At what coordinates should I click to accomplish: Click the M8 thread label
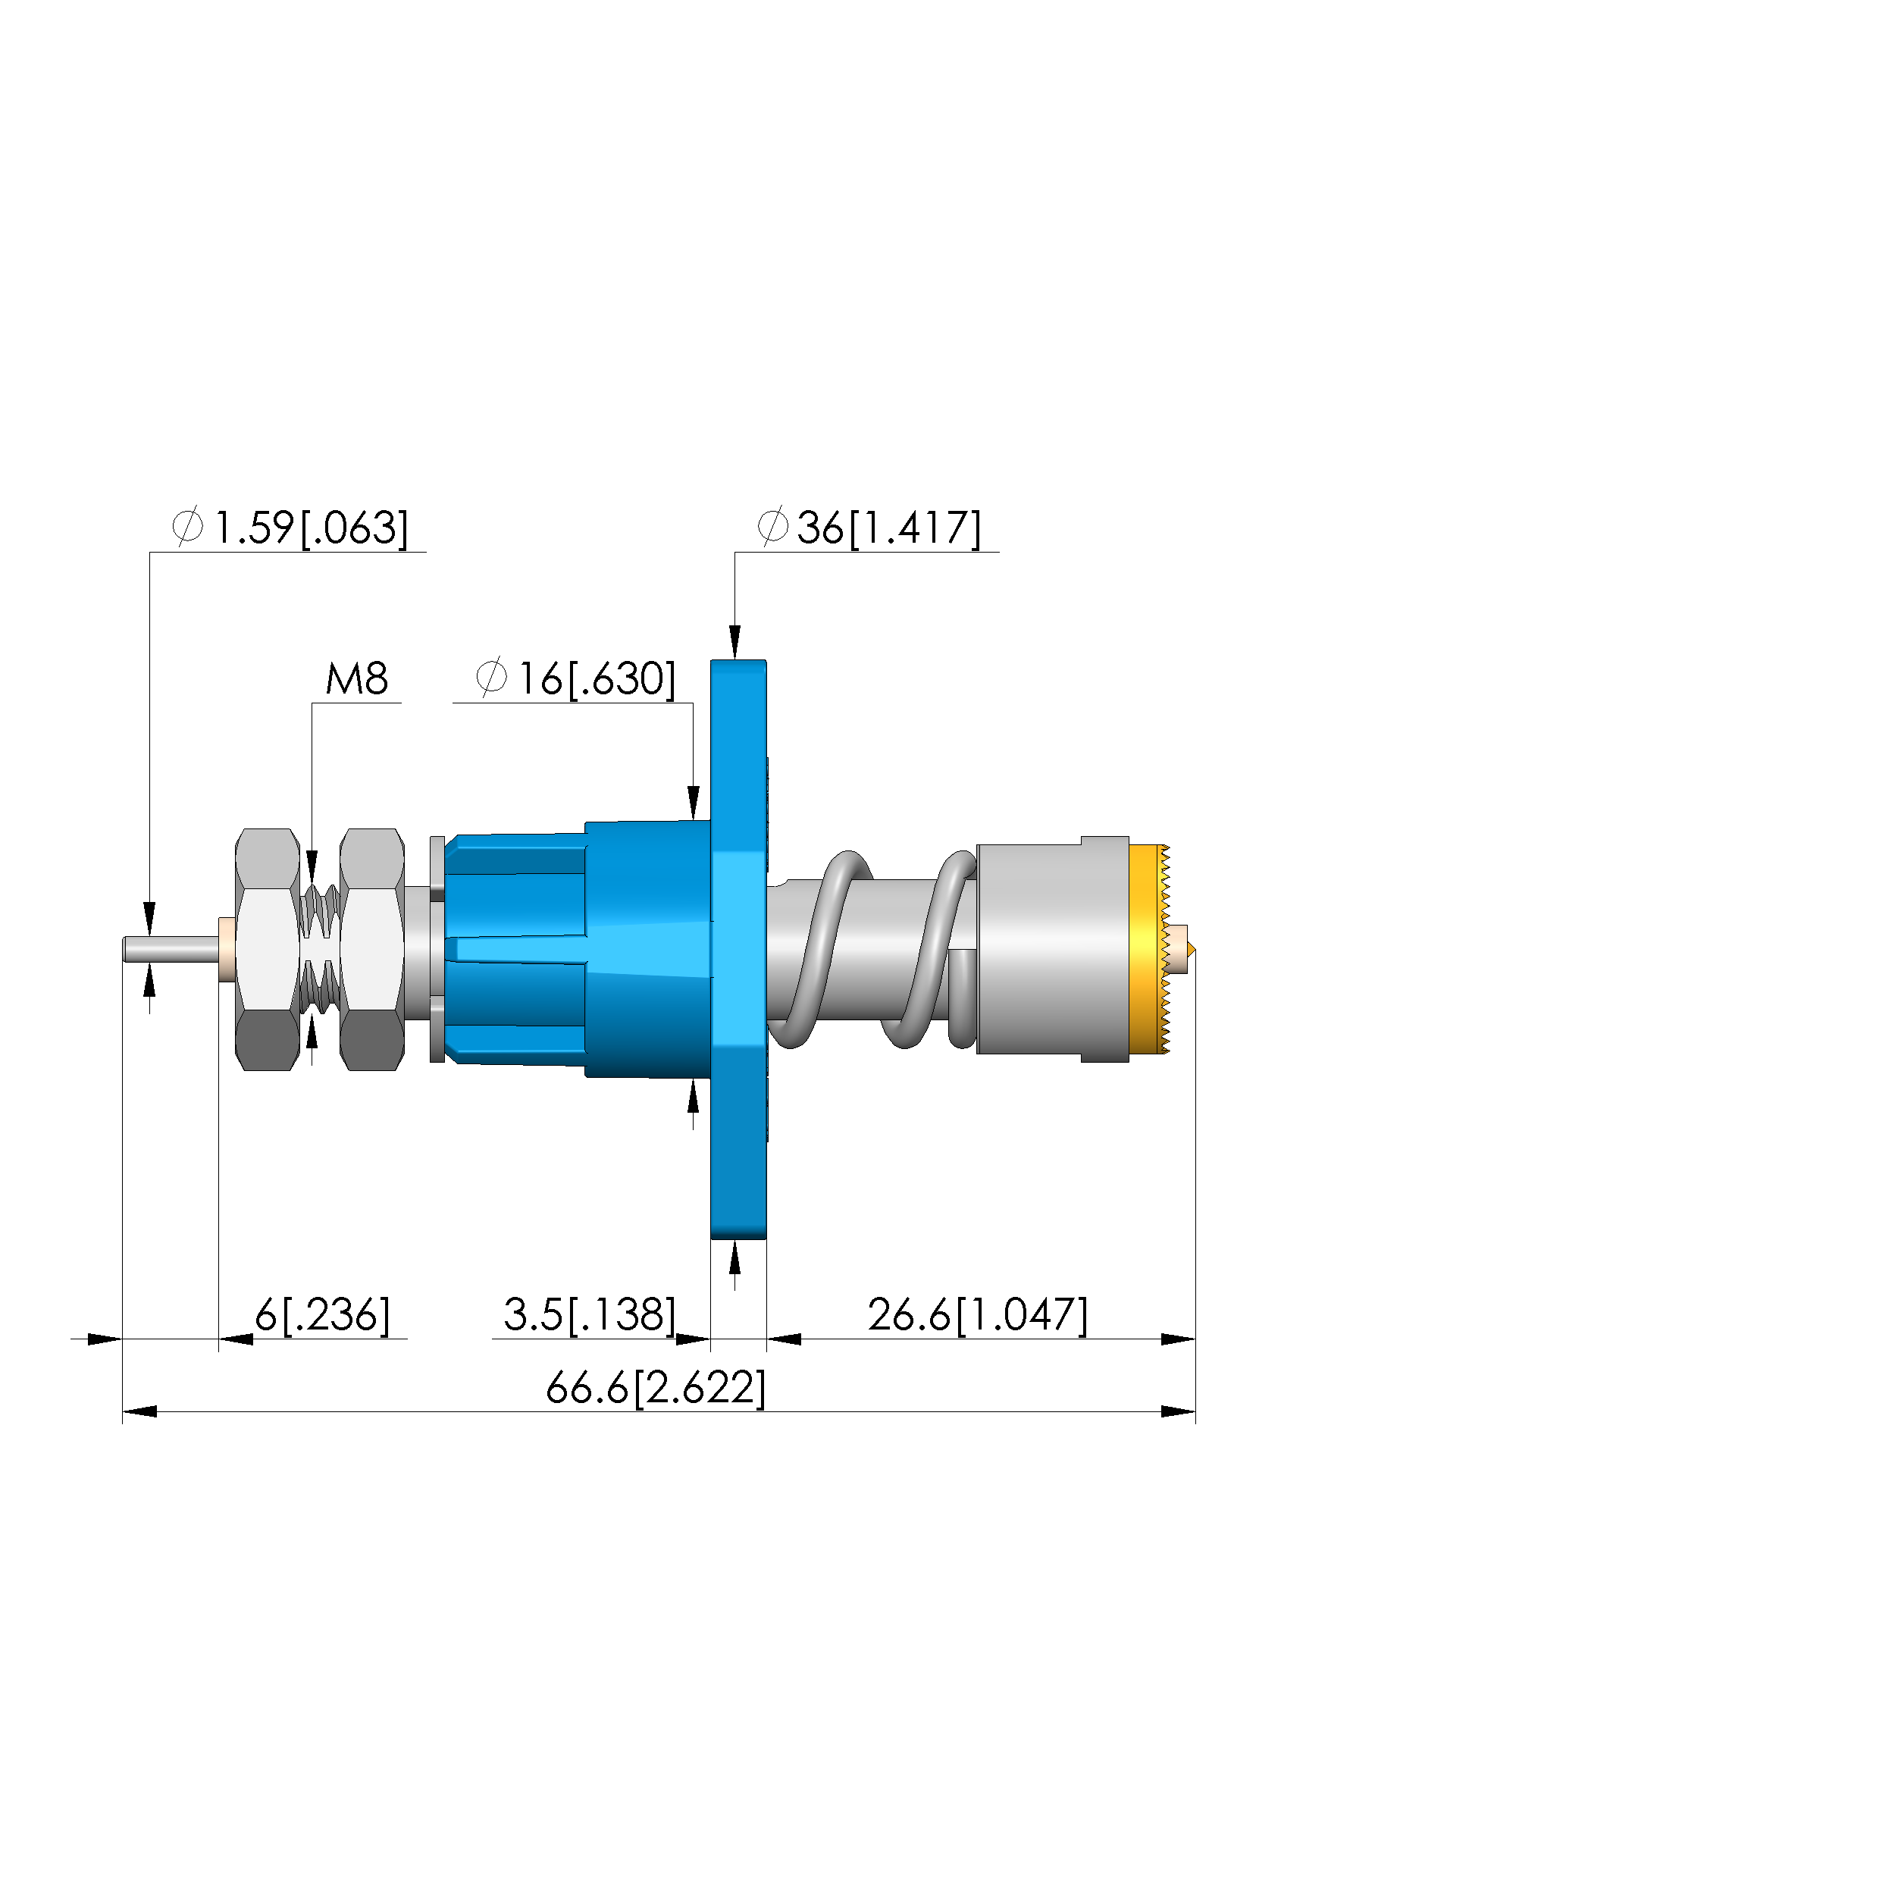click(x=356, y=679)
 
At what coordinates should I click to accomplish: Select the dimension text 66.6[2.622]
click(x=655, y=1388)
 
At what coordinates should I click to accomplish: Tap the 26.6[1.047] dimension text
click(x=978, y=1314)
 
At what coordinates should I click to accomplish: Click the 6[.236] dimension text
click(x=322, y=1314)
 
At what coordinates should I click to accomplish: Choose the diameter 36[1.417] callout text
click(x=869, y=528)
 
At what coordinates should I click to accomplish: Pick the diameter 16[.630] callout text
click(x=575, y=679)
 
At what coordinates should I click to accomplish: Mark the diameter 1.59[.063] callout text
click(x=290, y=528)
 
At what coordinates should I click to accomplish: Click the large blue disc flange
click(x=738, y=949)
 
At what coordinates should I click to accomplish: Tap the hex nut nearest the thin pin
click(x=268, y=949)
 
